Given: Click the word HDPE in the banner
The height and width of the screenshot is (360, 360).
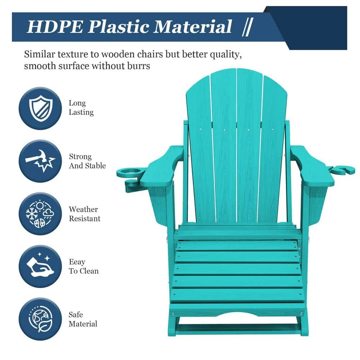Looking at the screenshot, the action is [55, 27].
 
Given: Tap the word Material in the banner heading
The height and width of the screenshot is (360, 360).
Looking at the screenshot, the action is [193, 27].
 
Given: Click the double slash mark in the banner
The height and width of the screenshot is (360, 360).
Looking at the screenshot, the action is [248, 27].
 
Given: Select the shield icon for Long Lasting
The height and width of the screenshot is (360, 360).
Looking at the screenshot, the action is [40, 108].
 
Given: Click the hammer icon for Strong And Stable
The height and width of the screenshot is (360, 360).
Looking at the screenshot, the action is [40, 161].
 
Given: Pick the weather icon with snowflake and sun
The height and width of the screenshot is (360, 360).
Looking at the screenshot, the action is [40, 214].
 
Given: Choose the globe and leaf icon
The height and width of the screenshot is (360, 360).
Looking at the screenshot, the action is [40, 319].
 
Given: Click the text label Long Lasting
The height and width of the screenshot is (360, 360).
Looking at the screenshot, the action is [81, 108].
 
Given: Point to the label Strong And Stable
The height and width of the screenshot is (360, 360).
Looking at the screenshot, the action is [87, 161].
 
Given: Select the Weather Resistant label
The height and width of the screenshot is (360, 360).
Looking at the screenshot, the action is [85, 214].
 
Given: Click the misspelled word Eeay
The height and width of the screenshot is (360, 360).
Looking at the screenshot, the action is [77, 262].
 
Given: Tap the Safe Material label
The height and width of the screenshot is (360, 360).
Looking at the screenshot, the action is [83, 319].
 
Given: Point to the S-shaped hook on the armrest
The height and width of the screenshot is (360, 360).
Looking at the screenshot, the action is [342, 170].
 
